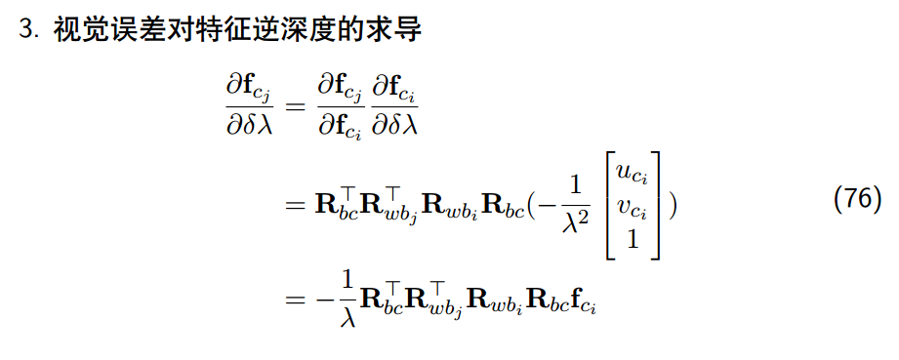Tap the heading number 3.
coord(28,29)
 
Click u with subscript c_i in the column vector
coord(633,174)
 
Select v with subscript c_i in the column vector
coord(633,207)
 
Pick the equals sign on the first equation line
coord(296,108)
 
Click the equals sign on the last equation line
coord(296,300)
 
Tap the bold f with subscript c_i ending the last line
coord(584,302)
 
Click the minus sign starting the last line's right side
coord(322,300)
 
